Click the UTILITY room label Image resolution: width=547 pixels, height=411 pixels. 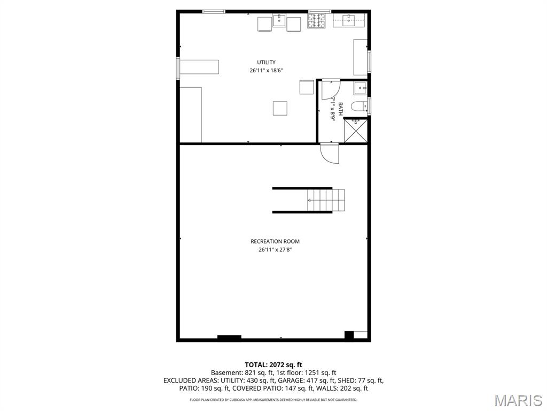(266, 63)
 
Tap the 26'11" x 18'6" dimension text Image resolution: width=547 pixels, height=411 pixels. (266, 71)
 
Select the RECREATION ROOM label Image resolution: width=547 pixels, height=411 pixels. (275, 241)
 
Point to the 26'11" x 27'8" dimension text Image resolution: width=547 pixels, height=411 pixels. (275, 249)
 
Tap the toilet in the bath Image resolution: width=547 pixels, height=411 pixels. (360, 106)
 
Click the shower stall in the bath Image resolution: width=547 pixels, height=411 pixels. (355, 131)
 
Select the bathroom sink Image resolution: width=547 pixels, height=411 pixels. (361, 88)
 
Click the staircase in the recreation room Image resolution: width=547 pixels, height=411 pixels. (325, 200)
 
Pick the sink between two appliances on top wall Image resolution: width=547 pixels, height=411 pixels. (279, 22)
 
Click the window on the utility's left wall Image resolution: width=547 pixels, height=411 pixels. (178, 68)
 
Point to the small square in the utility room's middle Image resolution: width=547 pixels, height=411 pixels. (280, 108)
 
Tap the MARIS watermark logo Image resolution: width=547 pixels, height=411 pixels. (518, 400)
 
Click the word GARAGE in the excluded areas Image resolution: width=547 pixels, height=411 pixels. (278, 380)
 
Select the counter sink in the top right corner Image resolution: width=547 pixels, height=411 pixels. (349, 21)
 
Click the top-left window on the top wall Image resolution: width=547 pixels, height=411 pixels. (213, 11)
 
